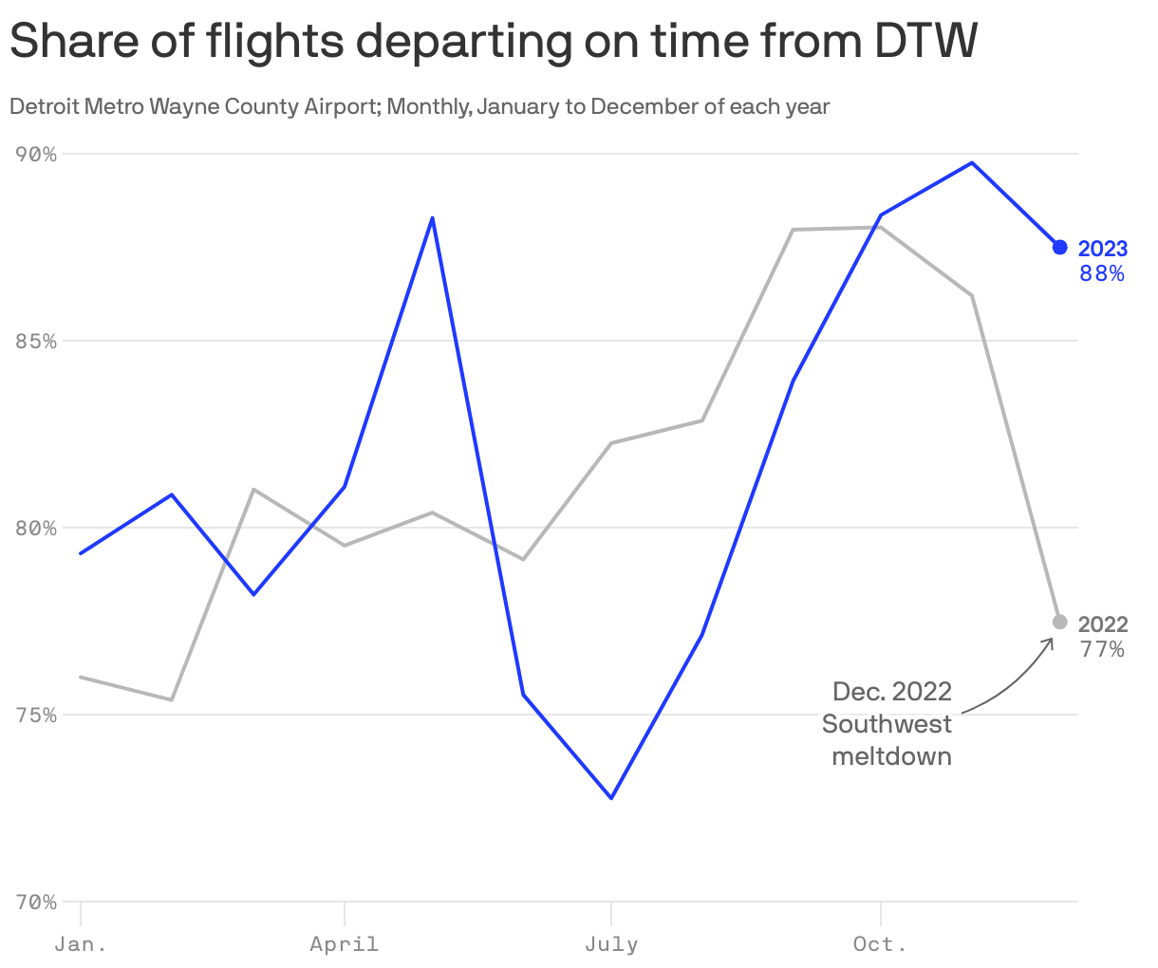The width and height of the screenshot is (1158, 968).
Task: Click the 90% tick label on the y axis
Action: pyautogui.click(x=36, y=154)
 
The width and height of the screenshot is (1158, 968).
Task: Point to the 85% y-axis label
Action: pyautogui.click(x=36, y=341)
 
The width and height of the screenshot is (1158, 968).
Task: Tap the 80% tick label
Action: pyautogui.click(x=36, y=528)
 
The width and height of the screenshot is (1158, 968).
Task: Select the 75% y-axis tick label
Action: pyautogui.click(x=36, y=715)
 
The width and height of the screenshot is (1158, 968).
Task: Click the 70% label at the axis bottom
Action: pyautogui.click(x=36, y=902)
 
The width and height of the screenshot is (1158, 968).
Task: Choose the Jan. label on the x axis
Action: pyautogui.click(x=81, y=944)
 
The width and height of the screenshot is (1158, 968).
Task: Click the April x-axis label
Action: pyautogui.click(x=344, y=944)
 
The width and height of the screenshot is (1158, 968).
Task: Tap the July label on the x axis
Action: pyautogui.click(x=611, y=944)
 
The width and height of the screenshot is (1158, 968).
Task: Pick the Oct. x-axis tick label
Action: pyautogui.click(x=880, y=944)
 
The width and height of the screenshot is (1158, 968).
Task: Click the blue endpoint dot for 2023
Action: pyautogui.click(x=1060, y=248)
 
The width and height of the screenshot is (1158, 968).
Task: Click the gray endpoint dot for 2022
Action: pyautogui.click(x=1060, y=622)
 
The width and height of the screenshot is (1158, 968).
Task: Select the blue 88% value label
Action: pyautogui.click(x=1102, y=274)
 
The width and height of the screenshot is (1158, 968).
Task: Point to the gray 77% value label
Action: pyautogui.click(x=1102, y=650)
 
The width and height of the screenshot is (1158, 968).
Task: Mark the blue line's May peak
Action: pyautogui.click(x=433, y=218)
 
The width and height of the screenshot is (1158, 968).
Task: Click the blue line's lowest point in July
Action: pyautogui.click(x=611, y=798)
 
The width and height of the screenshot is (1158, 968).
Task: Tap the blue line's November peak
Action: pyautogui.click(x=972, y=162)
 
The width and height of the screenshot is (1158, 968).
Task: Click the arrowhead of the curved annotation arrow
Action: pyautogui.click(x=1050, y=641)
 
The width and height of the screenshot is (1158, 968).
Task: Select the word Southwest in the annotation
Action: pyautogui.click(x=887, y=724)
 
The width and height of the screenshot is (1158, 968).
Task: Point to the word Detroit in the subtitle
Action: pyautogui.click(x=44, y=106)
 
